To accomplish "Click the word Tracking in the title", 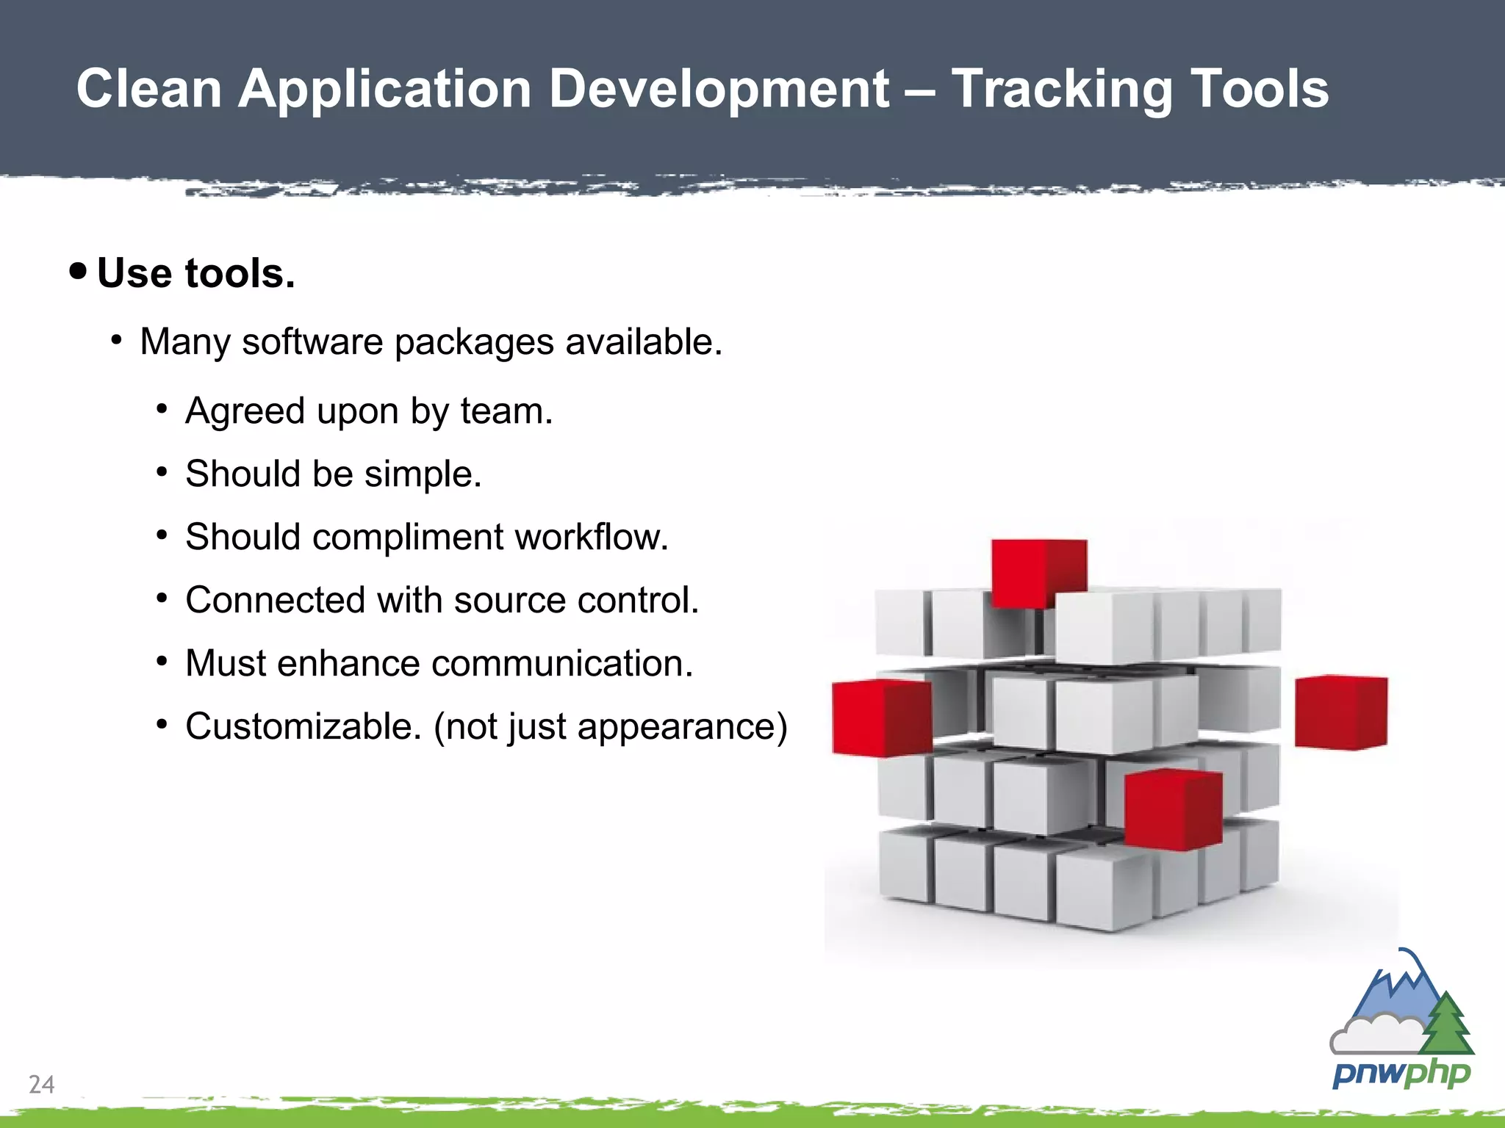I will tap(1061, 89).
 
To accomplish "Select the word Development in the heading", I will tap(719, 89).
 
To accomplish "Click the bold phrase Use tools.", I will tap(196, 273).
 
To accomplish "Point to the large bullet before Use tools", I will tap(78, 271).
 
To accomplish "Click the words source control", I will tap(575, 600).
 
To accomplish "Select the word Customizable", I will tap(303, 726).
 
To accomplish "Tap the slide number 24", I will tap(41, 1084).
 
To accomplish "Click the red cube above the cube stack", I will tap(1038, 573).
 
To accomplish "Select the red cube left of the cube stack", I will tap(880, 717).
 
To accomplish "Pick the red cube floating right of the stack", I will tap(1340, 712).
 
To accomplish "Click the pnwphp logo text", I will tap(1401, 1074).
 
